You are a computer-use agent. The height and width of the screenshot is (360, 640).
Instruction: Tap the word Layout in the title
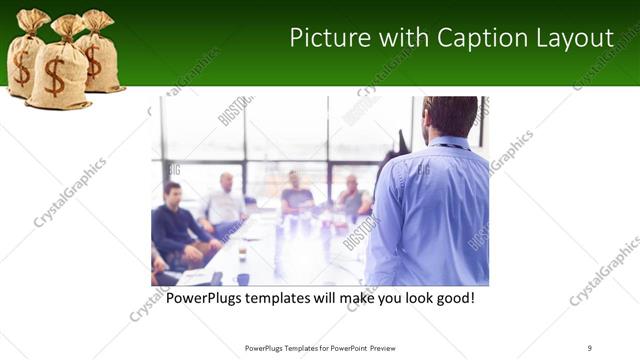tap(575, 38)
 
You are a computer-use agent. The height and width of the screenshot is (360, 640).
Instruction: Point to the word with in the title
tap(405, 38)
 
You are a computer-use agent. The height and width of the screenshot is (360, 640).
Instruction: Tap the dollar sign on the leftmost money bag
tap(21, 67)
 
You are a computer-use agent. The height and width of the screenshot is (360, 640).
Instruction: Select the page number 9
tap(590, 347)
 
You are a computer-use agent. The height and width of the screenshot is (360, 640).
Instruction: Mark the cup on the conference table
tap(242, 279)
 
